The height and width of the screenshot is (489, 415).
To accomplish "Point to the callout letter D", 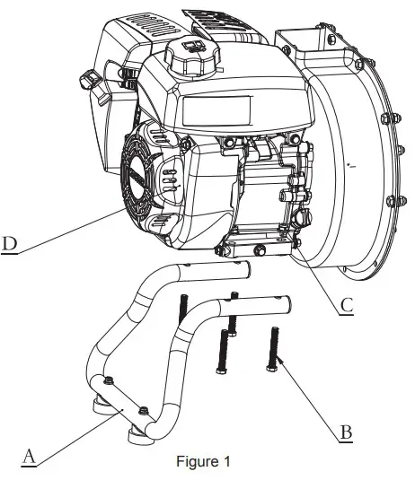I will click(x=9, y=243).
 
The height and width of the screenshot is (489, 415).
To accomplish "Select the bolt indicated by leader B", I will click(x=272, y=350).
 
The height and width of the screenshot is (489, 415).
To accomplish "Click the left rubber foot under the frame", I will click(x=98, y=406).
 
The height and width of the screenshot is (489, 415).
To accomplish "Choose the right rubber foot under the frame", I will click(x=137, y=434).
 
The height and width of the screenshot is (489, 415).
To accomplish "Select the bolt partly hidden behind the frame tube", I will click(x=182, y=310).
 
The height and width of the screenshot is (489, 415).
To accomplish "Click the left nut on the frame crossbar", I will click(x=108, y=383).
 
